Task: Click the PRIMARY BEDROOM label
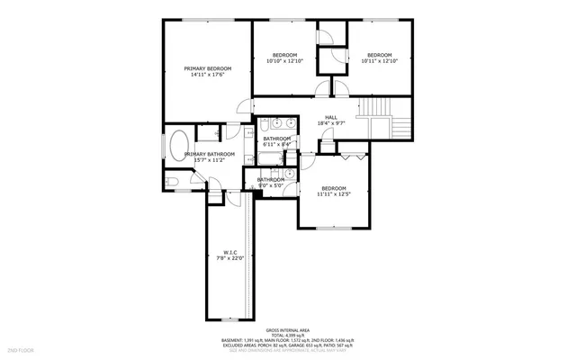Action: click(207, 68)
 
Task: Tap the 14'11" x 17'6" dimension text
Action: click(207, 76)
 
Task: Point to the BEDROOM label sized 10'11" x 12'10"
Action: click(378, 55)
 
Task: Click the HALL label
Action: click(330, 117)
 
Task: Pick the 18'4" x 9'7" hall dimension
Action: click(330, 123)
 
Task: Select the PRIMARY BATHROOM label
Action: click(209, 154)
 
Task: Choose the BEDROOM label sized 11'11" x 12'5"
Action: click(334, 187)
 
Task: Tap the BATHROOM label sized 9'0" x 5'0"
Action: click(270, 179)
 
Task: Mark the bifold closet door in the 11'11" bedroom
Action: click(353, 157)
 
